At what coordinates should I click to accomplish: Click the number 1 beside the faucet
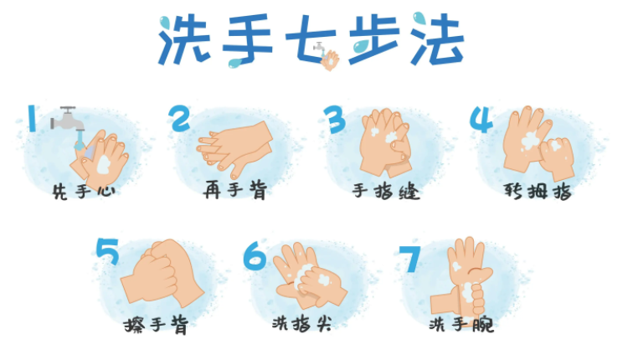tap(31, 118)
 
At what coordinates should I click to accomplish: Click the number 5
tap(108, 251)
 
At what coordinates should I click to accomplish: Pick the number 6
tap(255, 255)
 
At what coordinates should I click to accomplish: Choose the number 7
tap(410, 258)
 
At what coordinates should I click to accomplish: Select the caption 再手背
tap(235, 192)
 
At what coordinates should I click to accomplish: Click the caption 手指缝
tap(386, 192)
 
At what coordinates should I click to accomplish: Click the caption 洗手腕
tap(461, 323)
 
